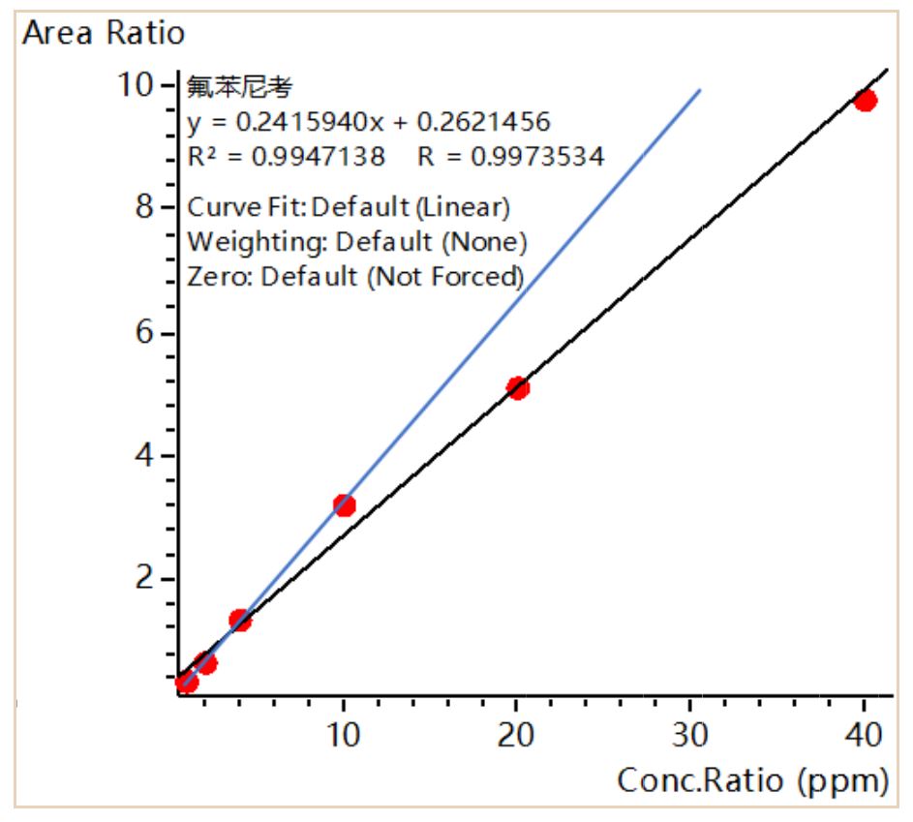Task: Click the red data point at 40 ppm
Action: point(865,100)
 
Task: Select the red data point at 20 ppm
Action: point(518,388)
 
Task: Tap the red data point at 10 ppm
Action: point(344,504)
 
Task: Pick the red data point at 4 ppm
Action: point(239,620)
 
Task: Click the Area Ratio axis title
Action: point(103,33)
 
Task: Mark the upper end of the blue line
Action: point(699,91)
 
